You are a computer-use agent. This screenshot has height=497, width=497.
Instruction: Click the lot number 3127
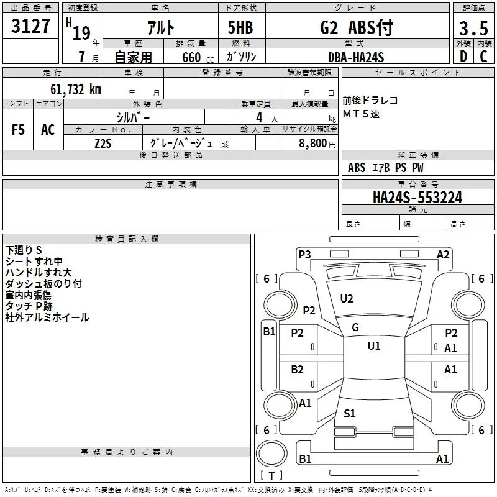tap(30, 26)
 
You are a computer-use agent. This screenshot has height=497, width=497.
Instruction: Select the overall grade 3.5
tap(473, 29)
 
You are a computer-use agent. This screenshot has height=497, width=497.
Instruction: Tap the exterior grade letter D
tap(463, 57)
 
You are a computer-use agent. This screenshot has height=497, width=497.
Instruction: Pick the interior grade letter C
tap(483, 57)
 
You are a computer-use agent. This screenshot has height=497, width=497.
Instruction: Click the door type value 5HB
tap(240, 27)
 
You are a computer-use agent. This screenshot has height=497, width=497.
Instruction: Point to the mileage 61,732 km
tap(76, 89)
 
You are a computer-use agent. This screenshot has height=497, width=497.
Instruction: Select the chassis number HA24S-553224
tap(417, 198)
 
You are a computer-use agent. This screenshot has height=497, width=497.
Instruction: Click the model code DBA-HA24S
tap(356, 57)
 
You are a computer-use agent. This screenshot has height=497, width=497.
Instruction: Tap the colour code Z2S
tap(103, 144)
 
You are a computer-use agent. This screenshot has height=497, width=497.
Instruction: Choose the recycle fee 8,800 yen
tap(317, 144)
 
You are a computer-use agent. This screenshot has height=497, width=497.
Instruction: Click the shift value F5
tap(18, 130)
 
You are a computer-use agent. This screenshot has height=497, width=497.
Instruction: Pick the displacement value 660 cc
tap(198, 58)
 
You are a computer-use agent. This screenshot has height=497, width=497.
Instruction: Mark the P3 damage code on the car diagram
tap(304, 255)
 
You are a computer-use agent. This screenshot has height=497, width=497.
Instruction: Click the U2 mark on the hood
tap(347, 299)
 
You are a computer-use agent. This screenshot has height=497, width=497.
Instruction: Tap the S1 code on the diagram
tap(349, 413)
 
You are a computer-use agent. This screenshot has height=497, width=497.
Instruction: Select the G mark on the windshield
tap(355, 327)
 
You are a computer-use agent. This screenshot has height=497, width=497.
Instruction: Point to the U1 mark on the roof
tap(374, 345)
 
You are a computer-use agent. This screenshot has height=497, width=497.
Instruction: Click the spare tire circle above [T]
tap(271, 454)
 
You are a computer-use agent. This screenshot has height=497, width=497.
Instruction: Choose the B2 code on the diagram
tap(297, 370)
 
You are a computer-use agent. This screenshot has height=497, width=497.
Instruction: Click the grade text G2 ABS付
tap(357, 27)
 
